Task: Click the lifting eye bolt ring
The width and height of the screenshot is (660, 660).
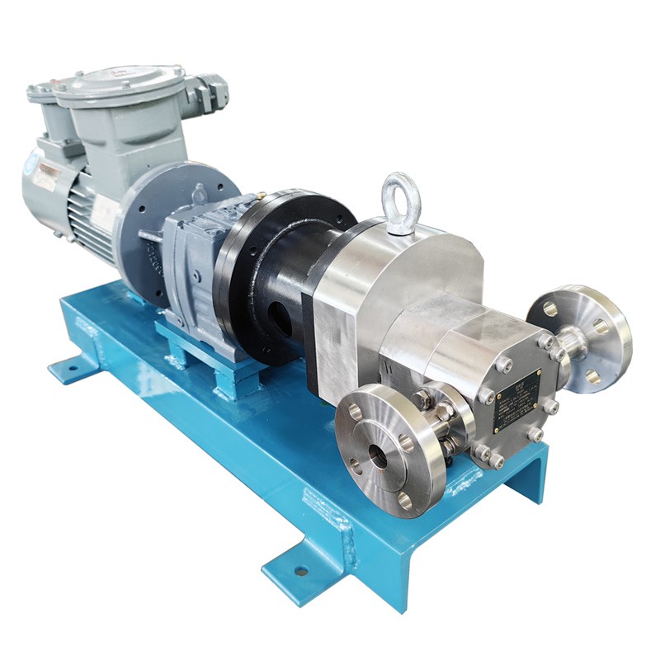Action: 401,199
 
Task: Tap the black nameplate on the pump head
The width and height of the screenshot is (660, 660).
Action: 516,401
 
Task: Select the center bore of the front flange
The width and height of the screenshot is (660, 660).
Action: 379,455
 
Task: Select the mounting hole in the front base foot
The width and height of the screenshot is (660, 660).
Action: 300,570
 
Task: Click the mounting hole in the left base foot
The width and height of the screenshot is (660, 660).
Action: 73,363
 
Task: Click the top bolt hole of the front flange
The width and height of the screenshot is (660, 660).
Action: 355,409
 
